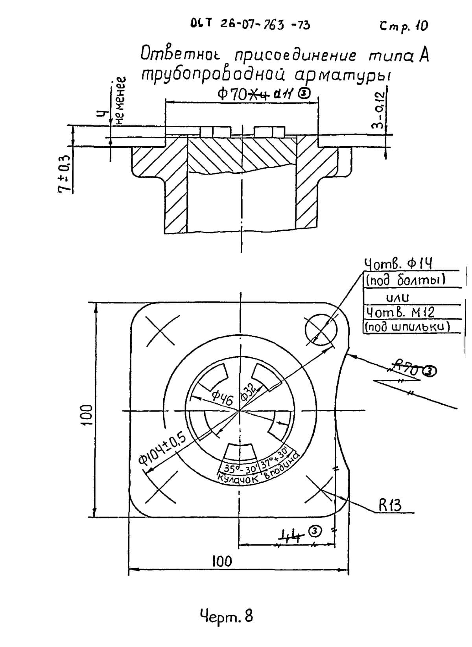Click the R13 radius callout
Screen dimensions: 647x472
(x=390, y=505)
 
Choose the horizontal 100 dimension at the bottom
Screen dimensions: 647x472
(x=222, y=561)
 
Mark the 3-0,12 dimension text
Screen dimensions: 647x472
(x=377, y=110)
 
